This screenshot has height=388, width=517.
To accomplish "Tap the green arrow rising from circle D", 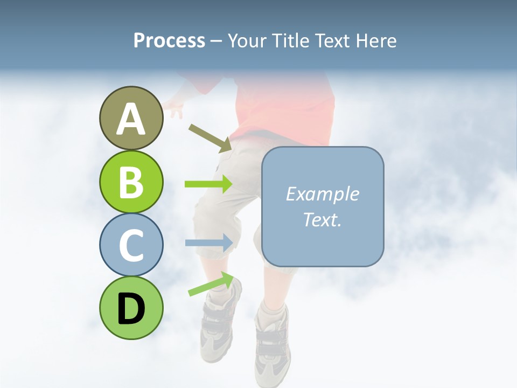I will pyautogui.click(x=211, y=284).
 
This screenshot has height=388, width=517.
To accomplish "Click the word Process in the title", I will pyautogui.click(x=169, y=40).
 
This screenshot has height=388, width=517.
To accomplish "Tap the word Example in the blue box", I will pyautogui.click(x=322, y=194).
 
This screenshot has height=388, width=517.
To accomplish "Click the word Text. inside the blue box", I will pyautogui.click(x=322, y=219).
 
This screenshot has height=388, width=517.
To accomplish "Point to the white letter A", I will pyautogui.click(x=131, y=119).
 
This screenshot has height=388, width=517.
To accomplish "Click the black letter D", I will pyautogui.click(x=131, y=309).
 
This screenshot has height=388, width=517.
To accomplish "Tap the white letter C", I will pyautogui.click(x=131, y=245).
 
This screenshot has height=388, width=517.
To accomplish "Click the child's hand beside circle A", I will pyautogui.click(x=174, y=110).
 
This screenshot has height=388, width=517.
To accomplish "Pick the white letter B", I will pyautogui.click(x=131, y=182).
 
